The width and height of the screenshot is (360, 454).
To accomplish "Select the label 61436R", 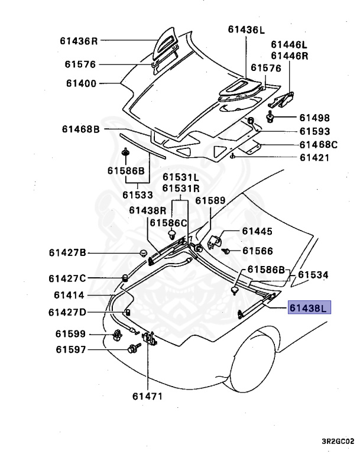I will click(x=78, y=41).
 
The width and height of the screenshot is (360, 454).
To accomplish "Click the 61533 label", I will click(x=138, y=194).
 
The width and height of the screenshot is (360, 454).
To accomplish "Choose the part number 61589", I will click(x=210, y=201).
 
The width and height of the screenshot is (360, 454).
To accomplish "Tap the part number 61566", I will click(x=260, y=251).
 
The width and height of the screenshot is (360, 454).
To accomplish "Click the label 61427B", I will click(x=67, y=253).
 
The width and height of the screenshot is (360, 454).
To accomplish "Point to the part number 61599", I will click(x=71, y=334).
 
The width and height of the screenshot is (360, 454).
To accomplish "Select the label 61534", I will click(x=313, y=275).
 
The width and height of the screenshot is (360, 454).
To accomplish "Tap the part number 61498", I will click(x=314, y=118).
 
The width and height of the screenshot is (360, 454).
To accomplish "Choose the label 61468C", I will click(x=318, y=144).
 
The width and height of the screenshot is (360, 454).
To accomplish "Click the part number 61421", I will click(x=314, y=158).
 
